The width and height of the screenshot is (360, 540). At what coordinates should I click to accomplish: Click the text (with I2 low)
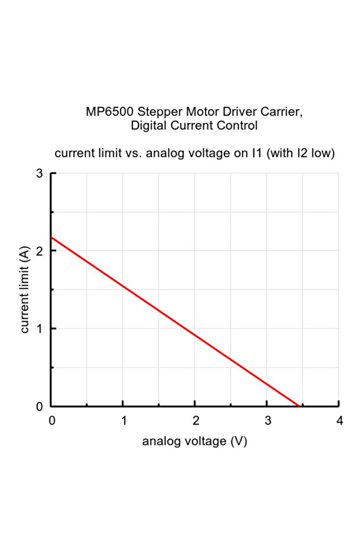tap(300, 154)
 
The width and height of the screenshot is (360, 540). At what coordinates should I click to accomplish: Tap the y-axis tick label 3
tap(39, 173)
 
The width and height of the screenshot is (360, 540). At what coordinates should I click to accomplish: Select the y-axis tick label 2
tap(39, 251)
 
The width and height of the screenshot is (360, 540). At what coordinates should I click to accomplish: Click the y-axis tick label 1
tap(39, 328)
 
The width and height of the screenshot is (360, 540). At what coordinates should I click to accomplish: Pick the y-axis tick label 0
tap(39, 406)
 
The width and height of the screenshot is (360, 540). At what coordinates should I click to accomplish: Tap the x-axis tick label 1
tap(123, 421)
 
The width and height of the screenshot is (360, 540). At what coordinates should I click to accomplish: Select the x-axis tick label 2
tap(195, 421)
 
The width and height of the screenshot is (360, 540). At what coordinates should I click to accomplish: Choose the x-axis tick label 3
tap(267, 421)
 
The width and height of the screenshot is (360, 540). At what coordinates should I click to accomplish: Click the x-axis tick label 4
tap(339, 421)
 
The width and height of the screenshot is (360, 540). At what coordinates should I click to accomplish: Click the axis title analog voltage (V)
tap(195, 441)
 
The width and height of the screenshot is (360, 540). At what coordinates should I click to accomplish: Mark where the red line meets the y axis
tap(51, 237)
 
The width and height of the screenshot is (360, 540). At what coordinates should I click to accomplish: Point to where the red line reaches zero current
tap(299, 406)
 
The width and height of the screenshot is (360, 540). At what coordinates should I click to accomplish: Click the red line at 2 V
tap(195, 335)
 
